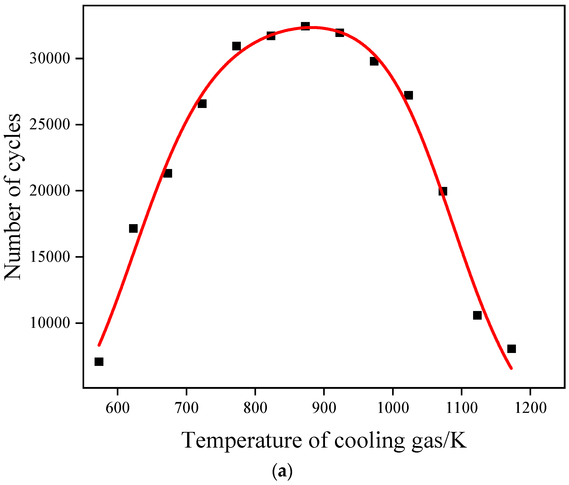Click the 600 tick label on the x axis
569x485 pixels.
click(117, 408)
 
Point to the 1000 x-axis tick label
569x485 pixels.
click(393, 408)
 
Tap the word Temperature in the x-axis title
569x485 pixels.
click(242, 440)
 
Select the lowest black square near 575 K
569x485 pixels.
click(99, 362)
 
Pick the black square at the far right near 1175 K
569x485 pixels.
click(512, 349)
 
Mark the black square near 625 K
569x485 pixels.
click(133, 228)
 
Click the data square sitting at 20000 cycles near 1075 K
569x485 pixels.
click(443, 191)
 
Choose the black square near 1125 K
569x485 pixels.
click(477, 315)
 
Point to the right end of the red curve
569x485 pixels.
click(511, 368)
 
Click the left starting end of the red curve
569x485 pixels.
click(99, 345)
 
